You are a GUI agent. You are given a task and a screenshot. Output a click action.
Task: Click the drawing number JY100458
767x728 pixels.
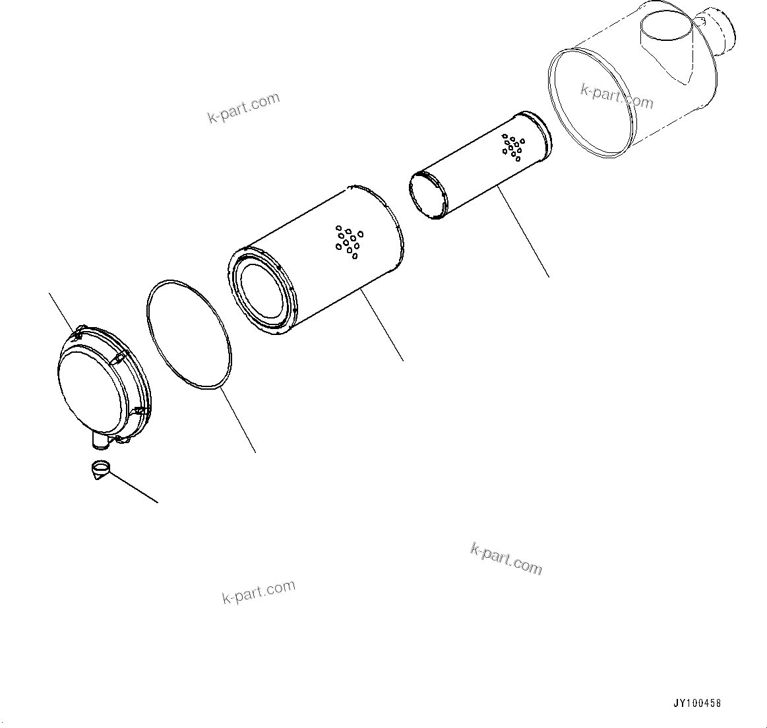point(697,703)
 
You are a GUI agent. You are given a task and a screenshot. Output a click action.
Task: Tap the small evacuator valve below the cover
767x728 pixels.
point(101,470)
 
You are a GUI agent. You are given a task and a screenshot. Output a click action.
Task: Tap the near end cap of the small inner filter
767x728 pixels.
point(429,196)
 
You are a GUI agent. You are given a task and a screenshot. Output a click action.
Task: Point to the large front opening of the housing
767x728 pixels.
point(592,102)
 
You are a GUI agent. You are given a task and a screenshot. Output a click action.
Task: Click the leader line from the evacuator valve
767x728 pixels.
point(133,487)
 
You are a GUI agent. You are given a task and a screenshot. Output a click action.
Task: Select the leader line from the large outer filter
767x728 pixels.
point(382,325)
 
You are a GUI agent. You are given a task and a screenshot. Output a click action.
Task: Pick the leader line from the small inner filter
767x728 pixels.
point(524,231)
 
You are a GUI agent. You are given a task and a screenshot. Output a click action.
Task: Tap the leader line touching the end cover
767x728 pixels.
point(63,313)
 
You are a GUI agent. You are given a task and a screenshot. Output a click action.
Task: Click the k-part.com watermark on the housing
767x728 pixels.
point(617,96)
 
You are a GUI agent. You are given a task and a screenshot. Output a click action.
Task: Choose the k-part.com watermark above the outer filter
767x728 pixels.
point(243,107)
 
